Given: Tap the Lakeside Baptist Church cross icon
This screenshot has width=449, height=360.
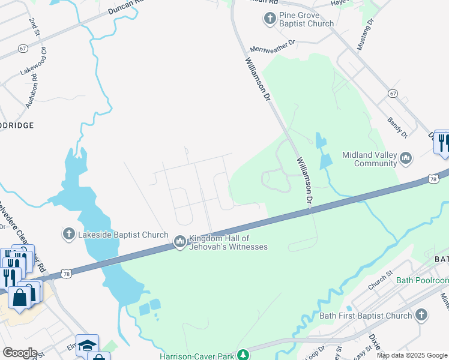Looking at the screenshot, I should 69,233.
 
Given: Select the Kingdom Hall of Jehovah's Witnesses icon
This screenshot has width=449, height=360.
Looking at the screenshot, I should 179,242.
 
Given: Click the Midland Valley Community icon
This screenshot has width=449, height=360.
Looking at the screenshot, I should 406,158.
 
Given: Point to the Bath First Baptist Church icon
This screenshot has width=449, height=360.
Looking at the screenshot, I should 422,315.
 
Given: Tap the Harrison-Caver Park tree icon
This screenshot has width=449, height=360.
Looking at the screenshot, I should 243,355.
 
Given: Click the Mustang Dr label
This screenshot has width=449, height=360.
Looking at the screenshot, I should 365,29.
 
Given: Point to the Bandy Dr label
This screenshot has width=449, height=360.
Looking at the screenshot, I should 397,127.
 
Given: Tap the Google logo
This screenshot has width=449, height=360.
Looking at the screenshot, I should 19,353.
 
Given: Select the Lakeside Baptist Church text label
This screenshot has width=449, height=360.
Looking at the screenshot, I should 123,234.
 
